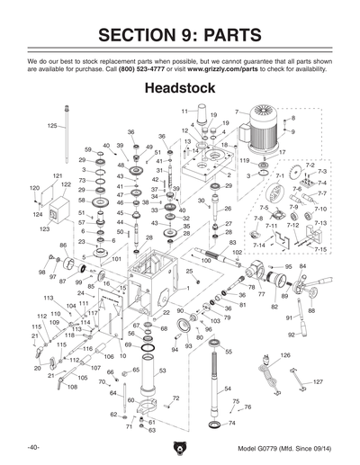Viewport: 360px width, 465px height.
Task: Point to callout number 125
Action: click(x=51, y=126)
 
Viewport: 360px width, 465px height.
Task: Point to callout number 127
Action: click(x=318, y=381)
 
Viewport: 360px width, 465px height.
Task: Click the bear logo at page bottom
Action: click(x=180, y=447)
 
